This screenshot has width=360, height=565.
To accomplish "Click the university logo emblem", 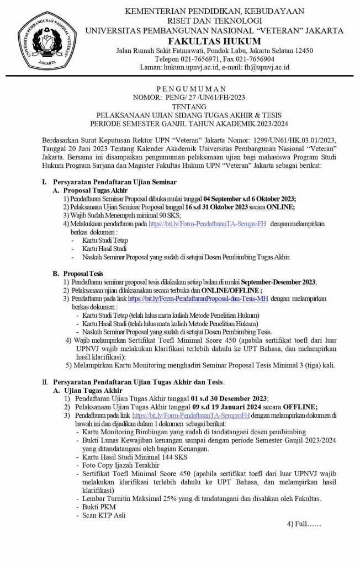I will pos(44,42).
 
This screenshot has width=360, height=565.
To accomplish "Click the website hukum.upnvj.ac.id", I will pos(186,67).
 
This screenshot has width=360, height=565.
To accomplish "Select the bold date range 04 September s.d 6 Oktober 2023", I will pos(250,199).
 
